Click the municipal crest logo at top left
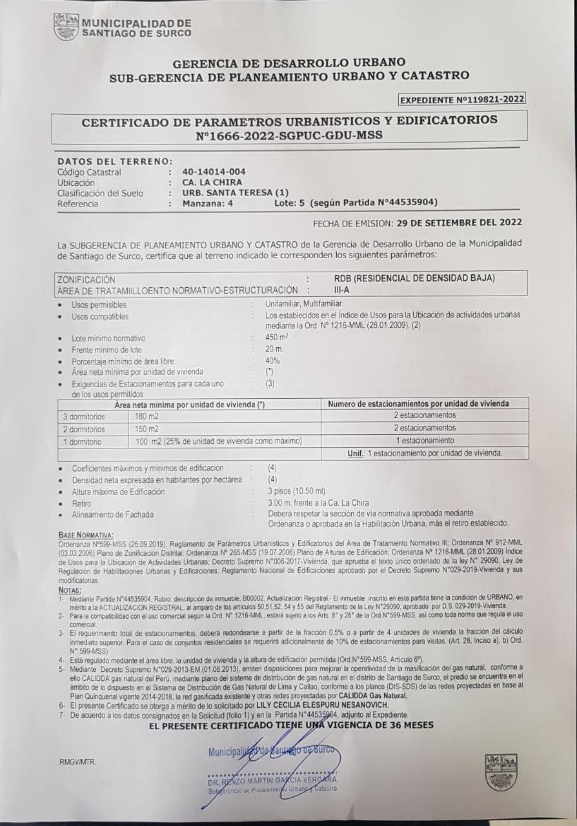coord(66,27)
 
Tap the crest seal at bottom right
coord(501,772)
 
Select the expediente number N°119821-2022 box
coord(461,99)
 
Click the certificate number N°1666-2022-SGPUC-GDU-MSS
coord(289,136)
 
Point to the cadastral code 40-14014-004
coord(214,172)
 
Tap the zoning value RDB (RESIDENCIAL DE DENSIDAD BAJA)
coord(414,279)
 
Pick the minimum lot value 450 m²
coord(278,337)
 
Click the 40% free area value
coord(272,361)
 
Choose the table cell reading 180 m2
coord(147,416)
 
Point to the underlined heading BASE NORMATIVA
coord(86,536)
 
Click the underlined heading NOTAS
coord(69,590)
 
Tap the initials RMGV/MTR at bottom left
coord(77,761)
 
